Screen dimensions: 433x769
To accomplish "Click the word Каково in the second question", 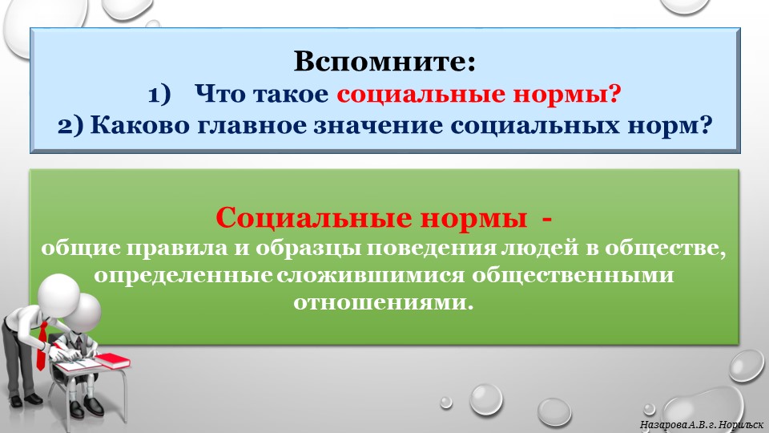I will point(132,126).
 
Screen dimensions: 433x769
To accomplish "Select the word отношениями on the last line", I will point(381,304).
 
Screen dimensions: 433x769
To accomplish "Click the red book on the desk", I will point(111,360).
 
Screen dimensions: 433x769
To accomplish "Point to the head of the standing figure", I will point(58,293).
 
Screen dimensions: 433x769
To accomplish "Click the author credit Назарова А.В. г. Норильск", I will point(700,423).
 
